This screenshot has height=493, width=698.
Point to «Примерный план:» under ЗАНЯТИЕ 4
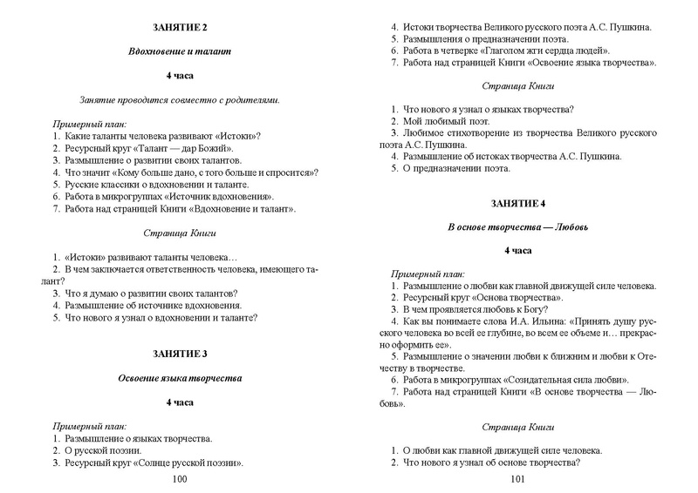click(x=428, y=274)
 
